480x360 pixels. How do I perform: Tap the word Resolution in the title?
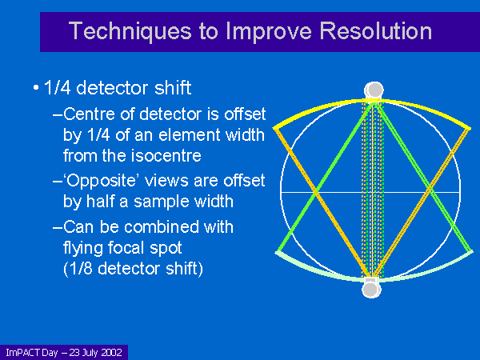click(376, 31)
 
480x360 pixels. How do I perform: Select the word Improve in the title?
click(269, 32)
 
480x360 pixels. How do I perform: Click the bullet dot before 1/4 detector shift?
click(36, 88)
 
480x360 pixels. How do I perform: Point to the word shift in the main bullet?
click(173, 88)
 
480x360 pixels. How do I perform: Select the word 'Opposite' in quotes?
click(102, 181)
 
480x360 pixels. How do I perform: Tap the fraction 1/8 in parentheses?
click(81, 269)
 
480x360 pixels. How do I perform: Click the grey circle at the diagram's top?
click(374, 90)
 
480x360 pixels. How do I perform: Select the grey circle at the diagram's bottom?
click(371, 290)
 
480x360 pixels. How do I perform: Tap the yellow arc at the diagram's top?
click(372, 101)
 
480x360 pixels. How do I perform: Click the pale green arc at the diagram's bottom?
click(374, 279)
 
